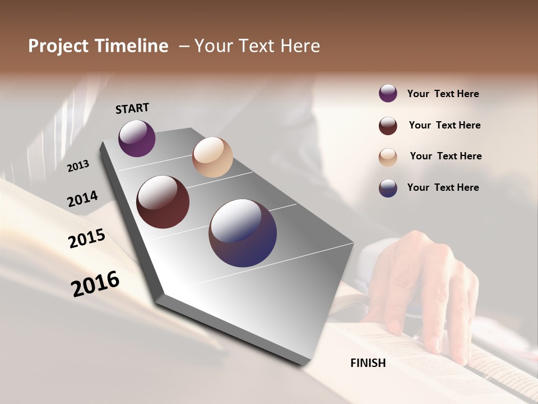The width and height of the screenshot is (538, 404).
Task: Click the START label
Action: [132, 108]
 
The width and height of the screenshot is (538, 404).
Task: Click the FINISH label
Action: [368, 363]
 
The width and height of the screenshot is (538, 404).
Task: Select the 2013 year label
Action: [78, 166]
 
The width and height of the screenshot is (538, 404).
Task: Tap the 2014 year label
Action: [82, 199]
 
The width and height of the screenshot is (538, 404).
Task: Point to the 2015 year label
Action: [87, 238]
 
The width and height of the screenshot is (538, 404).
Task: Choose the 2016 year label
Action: [95, 283]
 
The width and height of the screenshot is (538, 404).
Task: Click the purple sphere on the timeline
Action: [137, 138]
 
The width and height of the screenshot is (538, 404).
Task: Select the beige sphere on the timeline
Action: [212, 157]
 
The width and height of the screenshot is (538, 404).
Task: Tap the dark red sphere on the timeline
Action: [163, 202]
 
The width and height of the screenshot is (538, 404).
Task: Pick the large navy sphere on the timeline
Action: [243, 233]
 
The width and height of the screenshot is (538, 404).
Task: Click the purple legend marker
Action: [388, 94]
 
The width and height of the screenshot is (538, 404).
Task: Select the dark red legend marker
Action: [388, 126]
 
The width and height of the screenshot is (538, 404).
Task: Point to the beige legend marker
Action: [388, 157]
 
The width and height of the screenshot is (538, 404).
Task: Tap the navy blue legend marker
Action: [388, 188]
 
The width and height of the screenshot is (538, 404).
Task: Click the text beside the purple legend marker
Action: [443, 94]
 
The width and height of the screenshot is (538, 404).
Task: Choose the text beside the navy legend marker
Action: [443, 187]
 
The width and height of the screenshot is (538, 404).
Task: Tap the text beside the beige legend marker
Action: [446, 156]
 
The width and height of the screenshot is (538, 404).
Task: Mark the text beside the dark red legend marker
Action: [444, 125]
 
